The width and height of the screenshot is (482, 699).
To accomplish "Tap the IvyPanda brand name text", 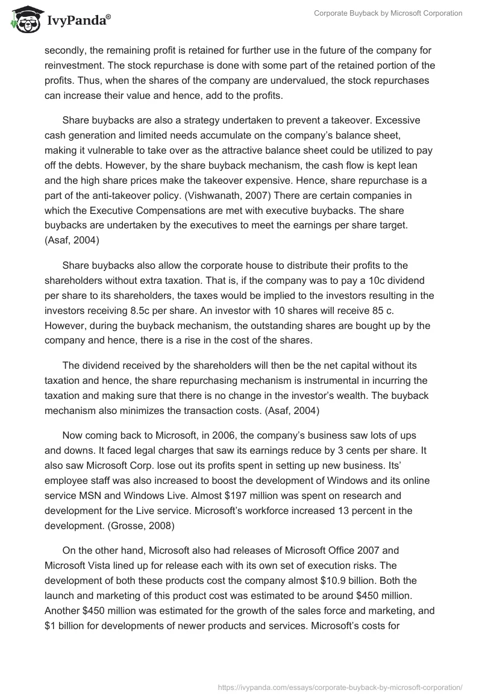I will point(77,20).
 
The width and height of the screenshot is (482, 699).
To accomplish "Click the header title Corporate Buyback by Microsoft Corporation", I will point(388,13).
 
